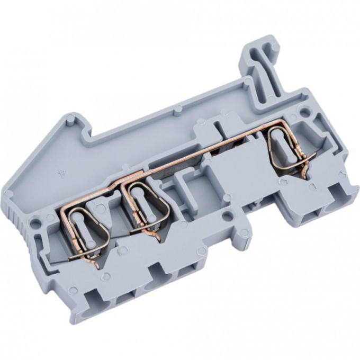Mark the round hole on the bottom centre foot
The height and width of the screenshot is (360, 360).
point(227,214)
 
